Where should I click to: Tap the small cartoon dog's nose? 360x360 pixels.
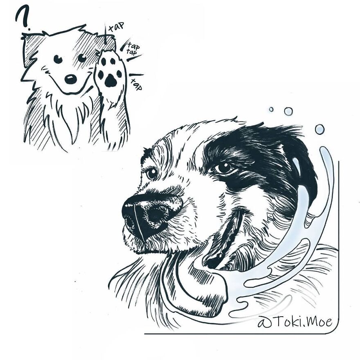tap(71, 79)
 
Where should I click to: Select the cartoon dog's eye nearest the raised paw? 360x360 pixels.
tap(82, 58)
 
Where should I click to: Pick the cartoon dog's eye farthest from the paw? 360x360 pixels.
tap(58, 59)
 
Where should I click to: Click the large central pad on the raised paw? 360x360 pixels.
tap(110, 80)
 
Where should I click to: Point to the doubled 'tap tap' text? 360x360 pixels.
tap(133, 48)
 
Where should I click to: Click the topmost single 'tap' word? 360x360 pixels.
tap(116, 28)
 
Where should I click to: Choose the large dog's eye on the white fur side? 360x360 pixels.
tap(152, 173)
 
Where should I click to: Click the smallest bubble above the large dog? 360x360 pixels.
tap(271, 110)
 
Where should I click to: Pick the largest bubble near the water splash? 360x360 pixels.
tap(319, 129)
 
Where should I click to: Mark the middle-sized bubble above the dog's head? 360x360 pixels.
tap(288, 111)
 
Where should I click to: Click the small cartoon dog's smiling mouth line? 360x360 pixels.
tap(70, 91)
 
